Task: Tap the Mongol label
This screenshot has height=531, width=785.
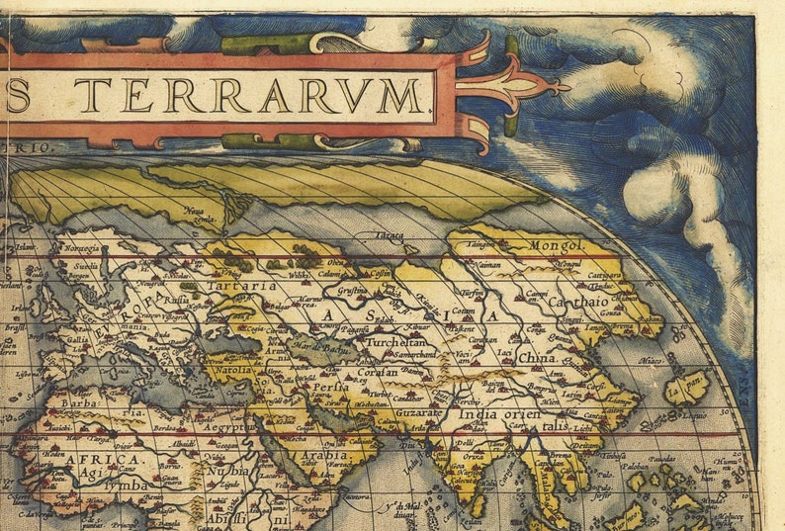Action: pos(560,243)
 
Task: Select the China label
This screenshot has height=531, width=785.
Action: pos(537,357)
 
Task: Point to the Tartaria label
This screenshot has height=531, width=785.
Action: pos(241,286)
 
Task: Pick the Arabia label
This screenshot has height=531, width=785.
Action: pos(326,456)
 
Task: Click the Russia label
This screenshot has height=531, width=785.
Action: pos(176,297)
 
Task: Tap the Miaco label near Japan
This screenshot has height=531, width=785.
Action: pos(649,363)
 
